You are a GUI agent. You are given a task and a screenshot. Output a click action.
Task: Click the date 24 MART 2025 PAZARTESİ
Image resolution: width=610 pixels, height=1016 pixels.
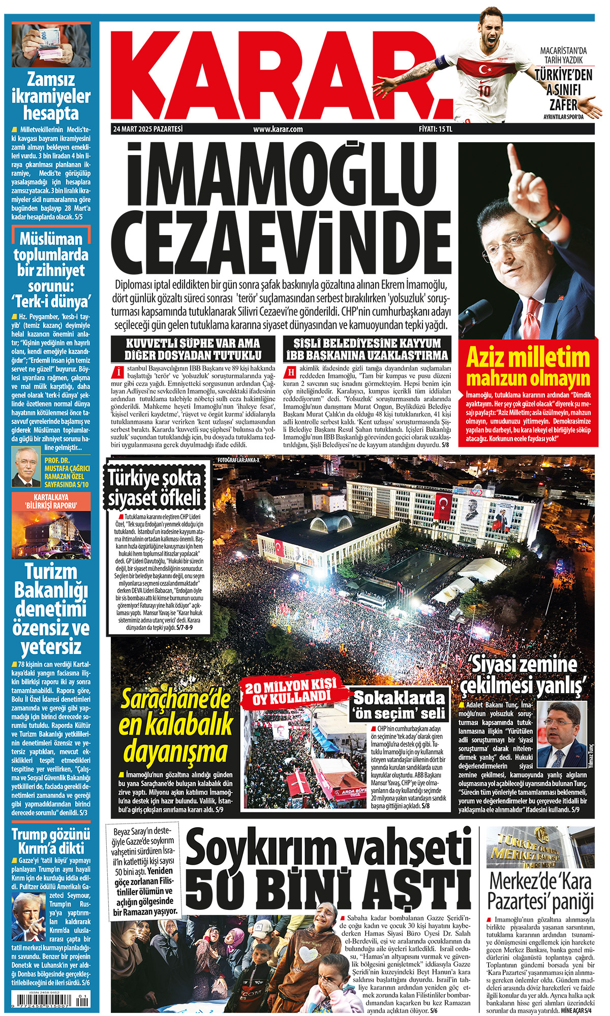pos(147,129)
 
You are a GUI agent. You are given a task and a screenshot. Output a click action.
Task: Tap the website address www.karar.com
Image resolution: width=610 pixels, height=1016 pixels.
pos(278,129)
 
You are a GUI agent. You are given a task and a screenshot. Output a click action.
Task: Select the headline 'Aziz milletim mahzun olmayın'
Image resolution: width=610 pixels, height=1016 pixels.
pos(528,367)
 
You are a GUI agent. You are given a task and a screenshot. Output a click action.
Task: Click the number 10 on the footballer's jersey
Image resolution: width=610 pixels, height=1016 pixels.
pos(484,91)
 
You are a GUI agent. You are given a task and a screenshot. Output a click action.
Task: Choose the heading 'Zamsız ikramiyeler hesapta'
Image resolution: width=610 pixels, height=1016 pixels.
pos(51,96)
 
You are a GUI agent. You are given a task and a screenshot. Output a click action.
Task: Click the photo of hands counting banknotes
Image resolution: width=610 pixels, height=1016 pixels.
pos(51,46)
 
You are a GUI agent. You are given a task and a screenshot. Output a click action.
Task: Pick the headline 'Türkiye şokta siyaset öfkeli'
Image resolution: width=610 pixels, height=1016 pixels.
pos(155,487)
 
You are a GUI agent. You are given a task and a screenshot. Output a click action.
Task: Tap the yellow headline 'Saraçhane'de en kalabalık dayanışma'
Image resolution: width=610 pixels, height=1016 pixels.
pos(175,727)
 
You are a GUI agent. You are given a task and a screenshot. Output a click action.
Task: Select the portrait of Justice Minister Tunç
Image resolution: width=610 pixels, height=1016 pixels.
pos(561,728)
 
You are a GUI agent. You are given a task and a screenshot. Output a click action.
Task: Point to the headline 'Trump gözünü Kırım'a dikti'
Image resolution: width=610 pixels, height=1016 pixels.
pos(51,841)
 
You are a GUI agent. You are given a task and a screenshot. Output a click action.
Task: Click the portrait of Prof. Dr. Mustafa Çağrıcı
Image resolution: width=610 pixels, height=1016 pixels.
pos(25,467)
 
